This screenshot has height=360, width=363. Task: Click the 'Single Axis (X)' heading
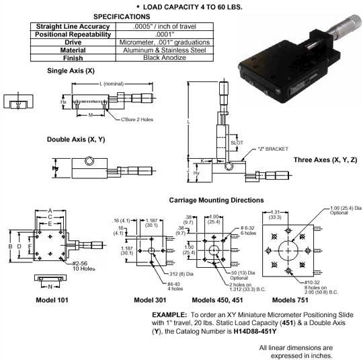point(71,70)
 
